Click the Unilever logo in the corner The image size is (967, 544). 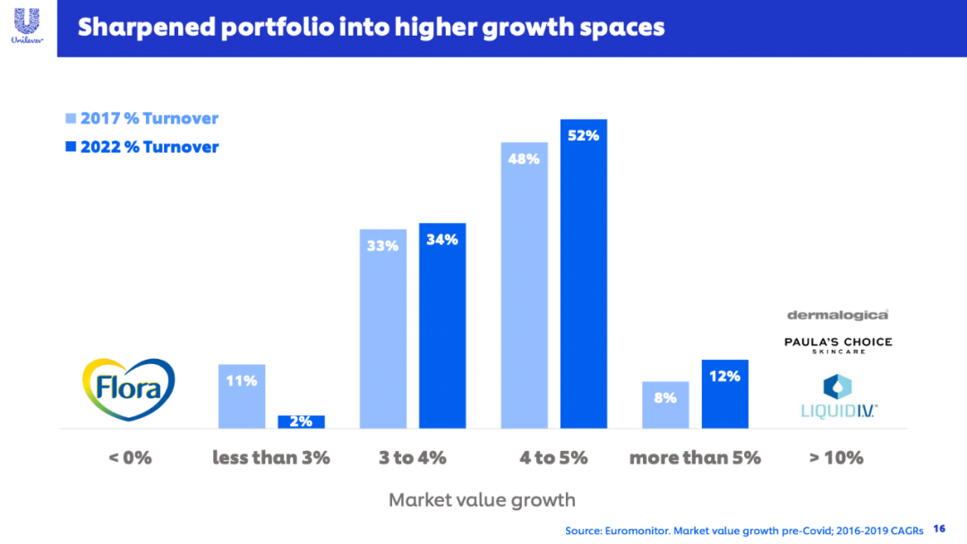[28, 24]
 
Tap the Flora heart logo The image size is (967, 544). [128, 387]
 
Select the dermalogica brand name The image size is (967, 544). [838, 315]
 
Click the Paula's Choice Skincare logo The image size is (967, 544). [838, 344]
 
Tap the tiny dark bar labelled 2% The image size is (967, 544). [301, 421]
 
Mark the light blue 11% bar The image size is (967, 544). [242, 396]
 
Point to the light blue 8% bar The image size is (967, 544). [665, 404]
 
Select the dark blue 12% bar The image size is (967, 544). [724, 394]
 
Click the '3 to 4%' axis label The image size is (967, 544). [412, 458]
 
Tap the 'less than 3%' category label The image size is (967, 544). [271, 458]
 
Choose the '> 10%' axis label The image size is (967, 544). [836, 458]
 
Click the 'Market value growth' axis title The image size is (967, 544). [482, 500]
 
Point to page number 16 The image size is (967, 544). [939, 529]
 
